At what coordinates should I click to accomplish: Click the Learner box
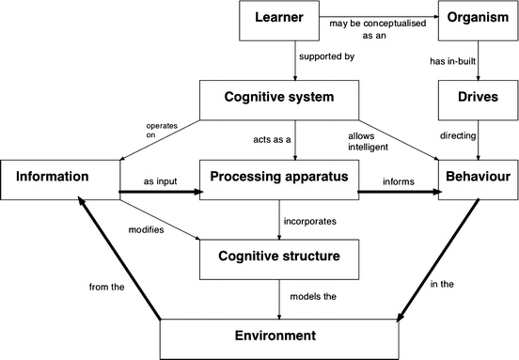point(281,21)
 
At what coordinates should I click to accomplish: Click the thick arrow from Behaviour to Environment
point(438,259)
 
